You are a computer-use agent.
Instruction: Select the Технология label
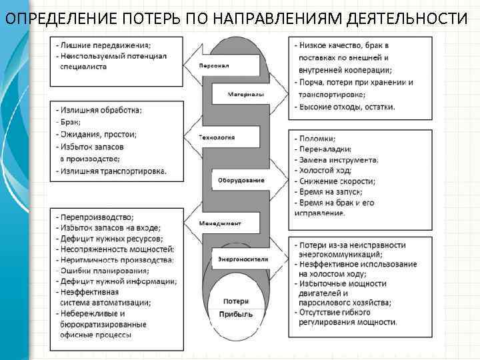click(x=217, y=137)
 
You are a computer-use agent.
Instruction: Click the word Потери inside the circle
click(x=237, y=301)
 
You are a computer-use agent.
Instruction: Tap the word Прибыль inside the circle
click(x=237, y=314)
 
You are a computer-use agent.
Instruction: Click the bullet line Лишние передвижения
click(x=103, y=44)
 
